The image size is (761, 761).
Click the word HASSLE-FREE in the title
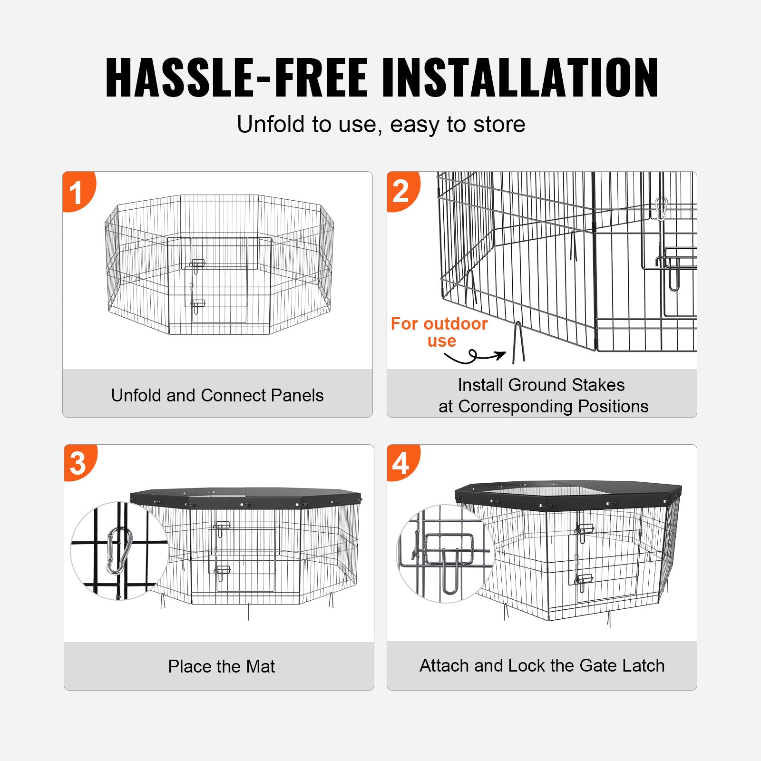pos(236,78)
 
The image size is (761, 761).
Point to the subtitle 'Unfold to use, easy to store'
pos(380,125)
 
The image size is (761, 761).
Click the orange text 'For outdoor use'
pos(439,332)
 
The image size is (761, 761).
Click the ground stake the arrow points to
pos(518,342)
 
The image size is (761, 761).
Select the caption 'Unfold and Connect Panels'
pos(217,395)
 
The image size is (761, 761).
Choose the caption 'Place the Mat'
pos(221,666)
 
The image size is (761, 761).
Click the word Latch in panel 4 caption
pos(643,665)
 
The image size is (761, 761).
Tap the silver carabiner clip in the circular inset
pos(118,551)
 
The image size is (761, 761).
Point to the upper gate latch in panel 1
pos(197,265)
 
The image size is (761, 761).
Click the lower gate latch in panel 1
pos(197,305)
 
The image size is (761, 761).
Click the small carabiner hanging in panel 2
pos(661,208)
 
